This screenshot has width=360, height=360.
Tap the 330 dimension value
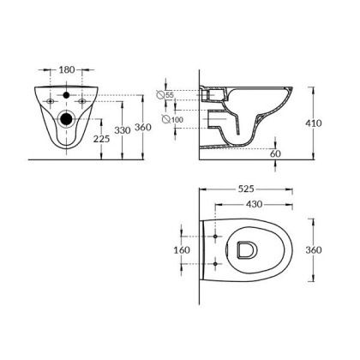[x=125, y=129]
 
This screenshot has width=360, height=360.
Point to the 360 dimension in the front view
[x=145, y=127]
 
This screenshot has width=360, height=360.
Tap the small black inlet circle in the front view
[x=65, y=94]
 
